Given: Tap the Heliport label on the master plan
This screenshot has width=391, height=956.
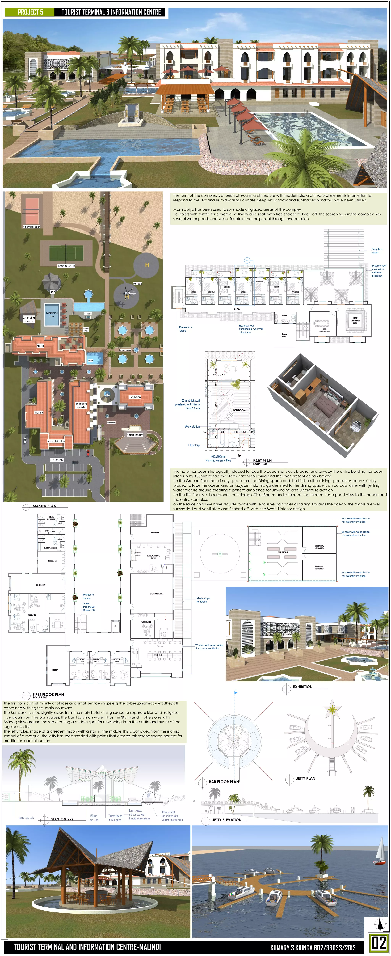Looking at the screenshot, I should pyautogui.click(x=138, y=284).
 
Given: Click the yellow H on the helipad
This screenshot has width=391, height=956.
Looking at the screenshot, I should pyautogui.click(x=147, y=265).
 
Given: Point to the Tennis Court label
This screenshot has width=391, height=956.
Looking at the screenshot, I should pyautogui.click(x=66, y=266).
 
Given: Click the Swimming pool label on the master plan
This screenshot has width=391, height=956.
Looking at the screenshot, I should pyautogui.click(x=52, y=314).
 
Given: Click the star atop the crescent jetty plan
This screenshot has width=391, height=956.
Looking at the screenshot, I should pyautogui.click(x=332, y=709).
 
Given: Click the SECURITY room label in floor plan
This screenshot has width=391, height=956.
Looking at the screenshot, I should pyautogui.click(x=55, y=670).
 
